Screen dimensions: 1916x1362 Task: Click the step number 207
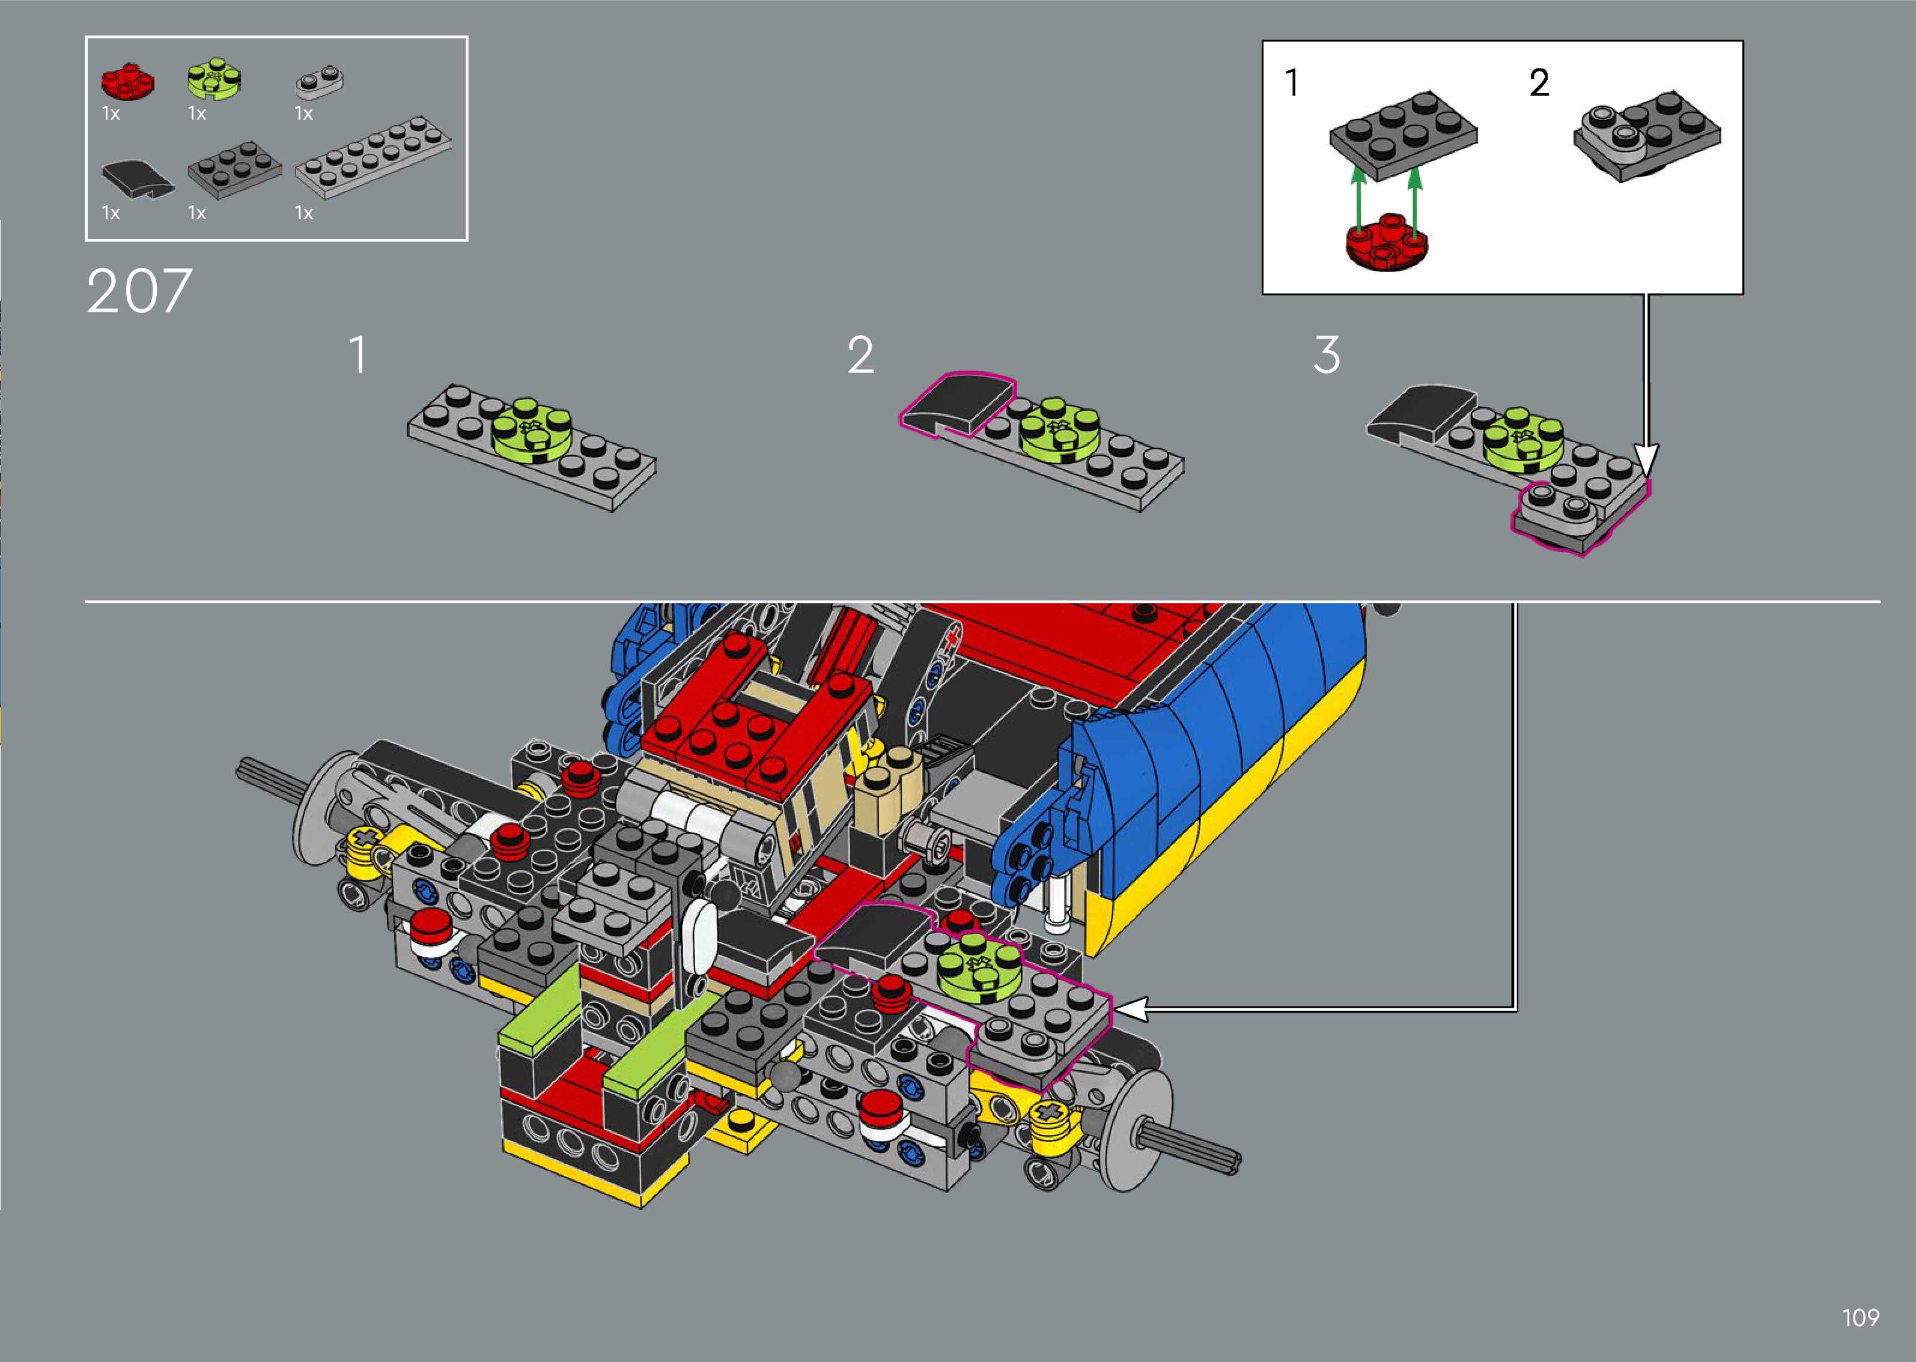(139, 292)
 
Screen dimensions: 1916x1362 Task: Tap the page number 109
(1861, 1318)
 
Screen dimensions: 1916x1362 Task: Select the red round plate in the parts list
(127, 81)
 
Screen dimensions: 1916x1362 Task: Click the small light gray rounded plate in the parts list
(320, 80)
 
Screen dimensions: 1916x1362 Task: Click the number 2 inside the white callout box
(1539, 83)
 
